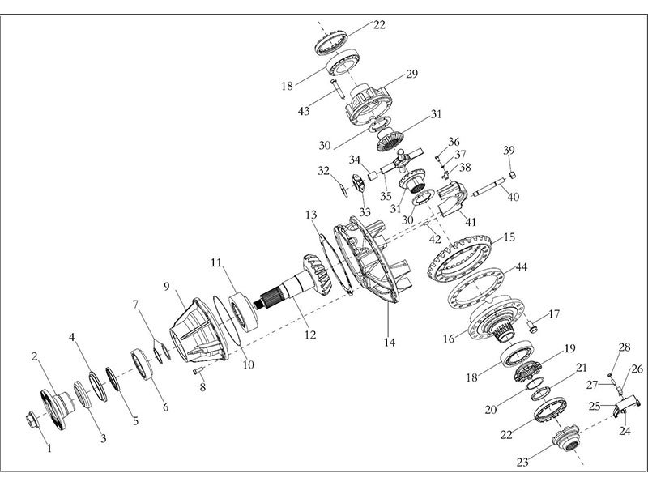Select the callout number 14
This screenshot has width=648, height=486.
tap(390, 343)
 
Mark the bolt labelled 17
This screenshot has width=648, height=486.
tap(531, 326)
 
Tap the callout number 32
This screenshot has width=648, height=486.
tap(324, 172)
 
